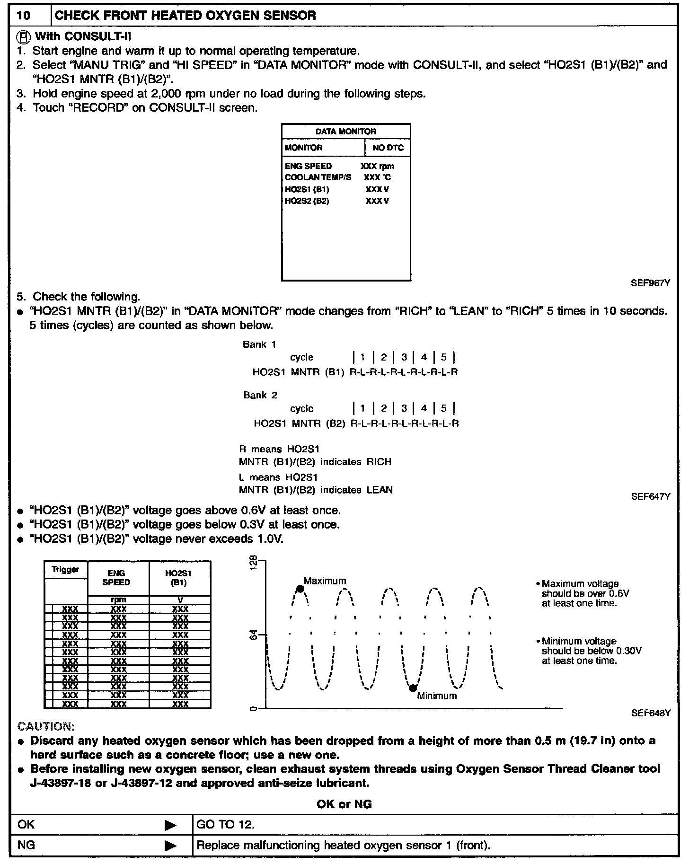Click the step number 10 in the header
23,16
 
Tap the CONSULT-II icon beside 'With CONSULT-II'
23,36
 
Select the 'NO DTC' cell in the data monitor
388,148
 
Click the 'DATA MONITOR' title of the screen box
346,132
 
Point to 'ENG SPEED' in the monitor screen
308,166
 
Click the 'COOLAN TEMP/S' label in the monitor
318,177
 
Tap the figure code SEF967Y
650,283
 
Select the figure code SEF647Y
650,496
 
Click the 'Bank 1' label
259,344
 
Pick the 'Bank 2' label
260,395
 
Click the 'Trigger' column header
66,570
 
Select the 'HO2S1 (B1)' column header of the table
180,578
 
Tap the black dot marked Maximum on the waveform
300,589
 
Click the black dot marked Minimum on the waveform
413,688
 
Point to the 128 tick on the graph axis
254,561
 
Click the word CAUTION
45,726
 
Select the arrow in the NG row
170,846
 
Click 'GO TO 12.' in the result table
225,825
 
